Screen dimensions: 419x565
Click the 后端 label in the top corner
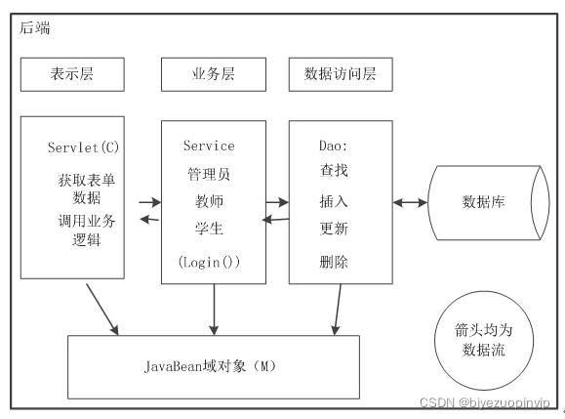click(x=35, y=27)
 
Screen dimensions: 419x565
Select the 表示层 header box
click(x=72, y=73)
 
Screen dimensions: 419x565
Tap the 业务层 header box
click(x=213, y=73)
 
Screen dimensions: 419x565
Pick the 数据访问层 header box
click(x=341, y=73)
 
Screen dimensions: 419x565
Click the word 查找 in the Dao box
click(x=334, y=170)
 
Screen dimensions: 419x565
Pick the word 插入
click(x=334, y=201)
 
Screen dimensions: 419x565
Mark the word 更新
click(x=334, y=230)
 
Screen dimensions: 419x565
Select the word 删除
click(x=334, y=263)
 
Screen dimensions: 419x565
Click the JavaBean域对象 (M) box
click(x=212, y=367)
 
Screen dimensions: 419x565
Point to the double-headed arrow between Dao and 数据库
click(x=411, y=203)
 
